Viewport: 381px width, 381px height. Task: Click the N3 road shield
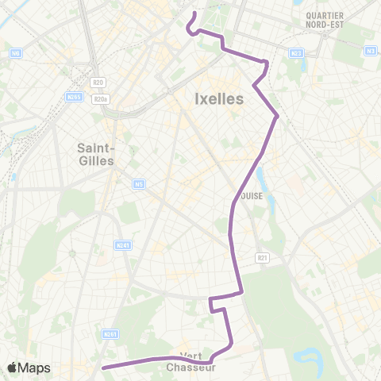(371, 51)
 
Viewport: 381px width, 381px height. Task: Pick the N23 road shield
(297, 53)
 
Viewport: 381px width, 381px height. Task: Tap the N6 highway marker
(16, 53)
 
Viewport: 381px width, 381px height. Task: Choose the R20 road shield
(98, 82)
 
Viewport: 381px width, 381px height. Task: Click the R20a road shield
(99, 98)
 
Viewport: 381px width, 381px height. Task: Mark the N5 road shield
(139, 184)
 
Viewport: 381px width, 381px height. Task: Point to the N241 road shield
(122, 245)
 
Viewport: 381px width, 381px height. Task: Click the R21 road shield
(263, 257)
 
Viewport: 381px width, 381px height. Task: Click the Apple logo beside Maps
(13, 368)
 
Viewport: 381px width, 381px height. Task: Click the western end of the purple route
(103, 368)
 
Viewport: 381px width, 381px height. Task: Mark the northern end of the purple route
(194, 13)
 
